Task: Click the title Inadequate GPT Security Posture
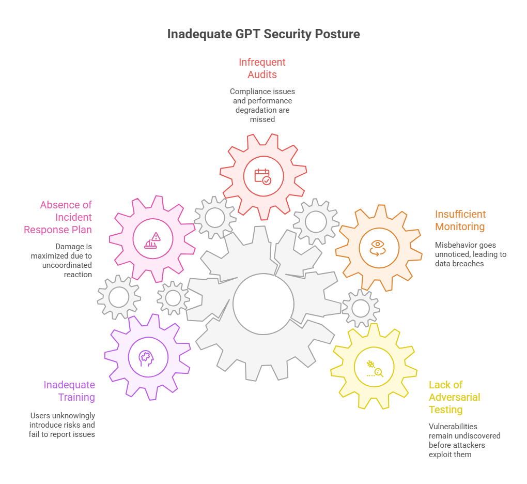pos(263,34)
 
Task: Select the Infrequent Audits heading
pos(262,68)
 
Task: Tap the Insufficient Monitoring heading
pos(460,220)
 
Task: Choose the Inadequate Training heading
pos(69,391)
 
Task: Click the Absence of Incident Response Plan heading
pos(58,217)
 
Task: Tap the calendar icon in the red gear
pos(262,176)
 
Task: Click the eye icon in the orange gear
pos(378,247)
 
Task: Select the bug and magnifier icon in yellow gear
pos(374,368)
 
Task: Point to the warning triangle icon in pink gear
pos(153,239)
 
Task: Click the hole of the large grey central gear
pos(263,304)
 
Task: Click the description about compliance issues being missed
pos(262,105)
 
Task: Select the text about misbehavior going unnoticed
pos(470,254)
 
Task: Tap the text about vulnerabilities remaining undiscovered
pos(464,441)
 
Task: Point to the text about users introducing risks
pos(63,425)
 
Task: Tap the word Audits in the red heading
pos(262,74)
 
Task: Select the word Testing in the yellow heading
pos(445,410)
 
